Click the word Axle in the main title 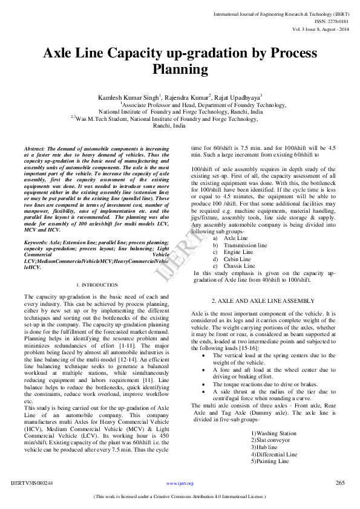pyautogui.click(x=61, y=54)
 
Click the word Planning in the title pyautogui.click(x=180, y=70)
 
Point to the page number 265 pyautogui.click(x=340, y=482)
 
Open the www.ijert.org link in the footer pyautogui.click(x=180, y=484)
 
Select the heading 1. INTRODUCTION pyautogui.click(x=97, y=285)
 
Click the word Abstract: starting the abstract pyautogui.click(x=37, y=149)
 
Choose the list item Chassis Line pyautogui.click(x=239, y=265)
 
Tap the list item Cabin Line pyautogui.click(x=237, y=259)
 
